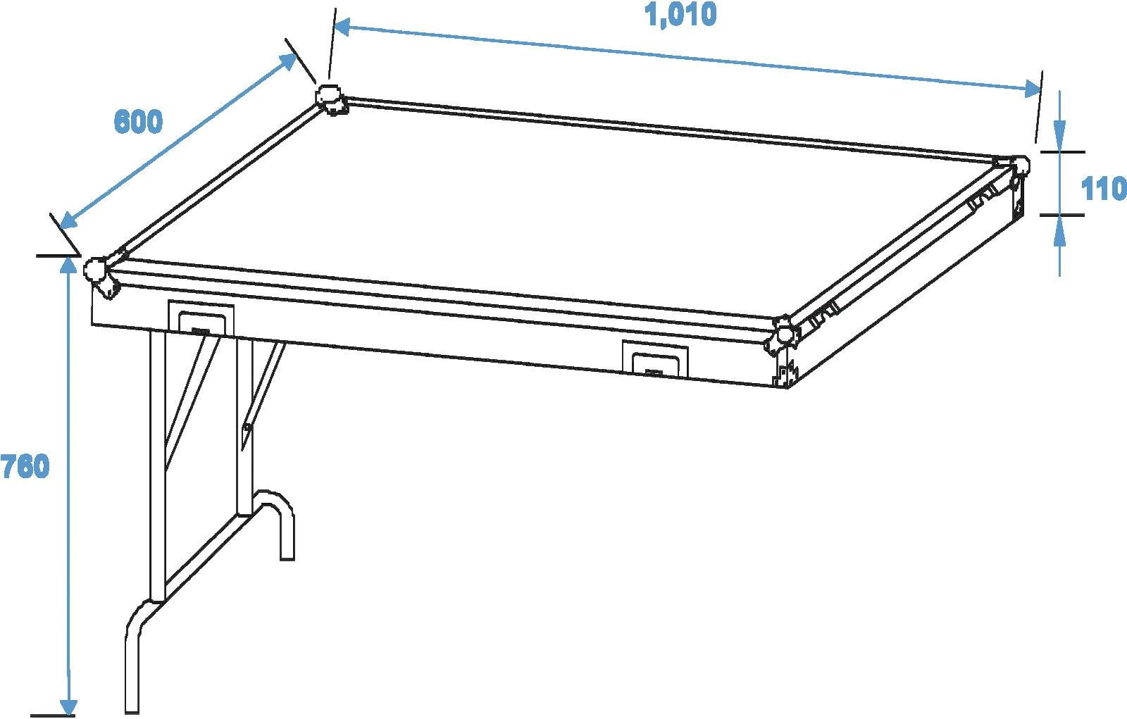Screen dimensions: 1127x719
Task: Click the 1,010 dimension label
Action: (x=680, y=15)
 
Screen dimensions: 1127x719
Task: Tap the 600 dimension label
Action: (x=138, y=122)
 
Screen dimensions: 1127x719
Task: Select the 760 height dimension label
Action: (x=25, y=466)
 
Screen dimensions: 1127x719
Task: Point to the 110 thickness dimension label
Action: (x=1103, y=189)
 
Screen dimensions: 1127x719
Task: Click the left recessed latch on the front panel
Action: (x=201, y=318)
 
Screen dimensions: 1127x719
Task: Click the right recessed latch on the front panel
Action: (x=654, y=358)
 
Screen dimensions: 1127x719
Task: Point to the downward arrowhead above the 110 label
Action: (x=1059, y=136)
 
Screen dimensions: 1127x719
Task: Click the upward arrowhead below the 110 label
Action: (x=1059, y=230)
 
